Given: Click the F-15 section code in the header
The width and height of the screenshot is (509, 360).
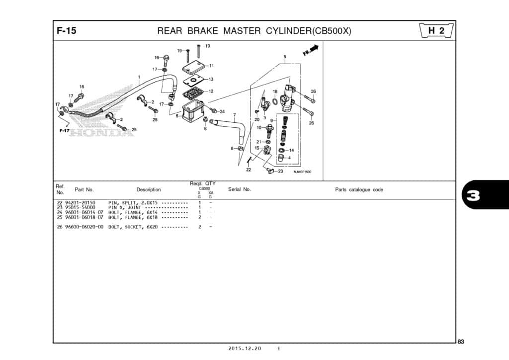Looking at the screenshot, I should pos(66,31).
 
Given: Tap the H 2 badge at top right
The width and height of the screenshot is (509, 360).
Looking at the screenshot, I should pos(436,31).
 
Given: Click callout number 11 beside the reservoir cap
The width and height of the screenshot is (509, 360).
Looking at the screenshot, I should pos(211,66).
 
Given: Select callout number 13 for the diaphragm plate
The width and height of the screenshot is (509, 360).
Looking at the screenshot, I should pos(211,79).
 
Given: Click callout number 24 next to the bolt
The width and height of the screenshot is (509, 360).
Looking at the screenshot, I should pos(222,111).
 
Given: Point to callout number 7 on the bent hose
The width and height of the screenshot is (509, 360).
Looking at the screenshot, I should pos(235,115).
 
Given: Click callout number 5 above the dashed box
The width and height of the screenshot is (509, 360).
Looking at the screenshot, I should pos(285,57).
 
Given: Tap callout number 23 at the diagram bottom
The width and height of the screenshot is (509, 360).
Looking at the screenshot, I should pos(280,171).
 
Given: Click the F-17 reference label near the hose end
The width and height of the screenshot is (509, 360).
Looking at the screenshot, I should pos(64,130).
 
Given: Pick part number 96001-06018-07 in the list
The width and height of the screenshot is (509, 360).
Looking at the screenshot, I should pos(84,217).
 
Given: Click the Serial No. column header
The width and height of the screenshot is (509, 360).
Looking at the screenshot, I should pos(239,189).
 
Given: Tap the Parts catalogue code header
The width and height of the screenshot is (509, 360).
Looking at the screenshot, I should pos(359,189).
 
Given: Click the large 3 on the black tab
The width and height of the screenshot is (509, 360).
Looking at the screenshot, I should pos(473,195).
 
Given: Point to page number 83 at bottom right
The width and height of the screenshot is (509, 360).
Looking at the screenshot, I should pos(461,341).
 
